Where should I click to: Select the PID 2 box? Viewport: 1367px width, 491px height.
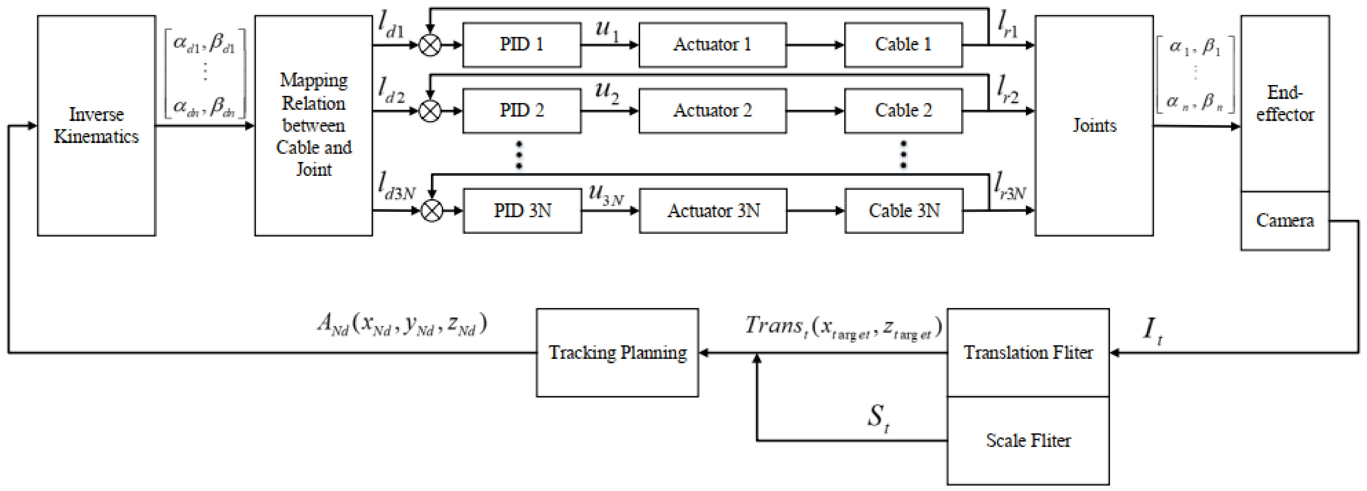pos(522,110)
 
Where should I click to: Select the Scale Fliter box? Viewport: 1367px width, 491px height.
pos(1028,440)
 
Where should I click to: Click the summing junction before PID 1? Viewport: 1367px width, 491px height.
pos(430,45)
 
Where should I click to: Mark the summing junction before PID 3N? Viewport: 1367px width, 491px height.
pos(432,210)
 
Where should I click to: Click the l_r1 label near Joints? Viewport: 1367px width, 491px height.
pos(1007,25)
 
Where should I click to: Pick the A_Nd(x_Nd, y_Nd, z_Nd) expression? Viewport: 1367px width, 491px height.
pos(402,324)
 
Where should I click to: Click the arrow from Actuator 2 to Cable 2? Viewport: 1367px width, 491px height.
pos(815,111)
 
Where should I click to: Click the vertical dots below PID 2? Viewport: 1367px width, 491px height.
pos(519,155)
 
